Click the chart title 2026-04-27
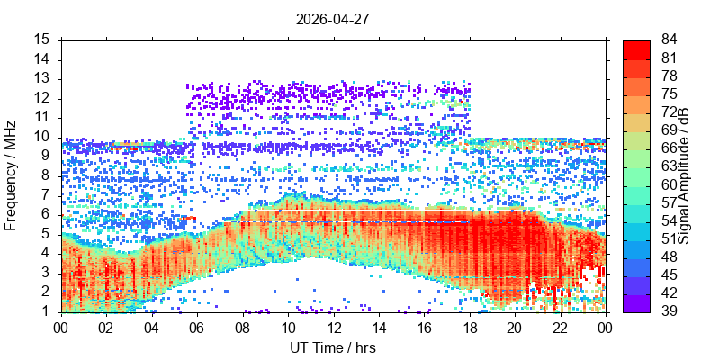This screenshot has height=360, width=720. click(x=332, y=19)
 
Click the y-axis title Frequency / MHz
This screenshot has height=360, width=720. click(x=11, y=175)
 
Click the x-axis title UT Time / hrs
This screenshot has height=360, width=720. click(x=333, y=347)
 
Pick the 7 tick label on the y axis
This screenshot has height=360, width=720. click(x=50, y=196)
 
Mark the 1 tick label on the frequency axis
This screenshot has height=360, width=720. click(x=50, y=312)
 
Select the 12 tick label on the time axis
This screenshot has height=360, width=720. click(x=333, y=327)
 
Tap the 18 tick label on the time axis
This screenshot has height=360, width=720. click(x=470, y=327)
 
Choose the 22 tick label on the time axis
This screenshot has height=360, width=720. click(x=561, y=327)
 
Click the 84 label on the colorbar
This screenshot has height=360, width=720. click(x=669, y=40)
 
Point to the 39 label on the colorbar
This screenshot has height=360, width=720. click(x=669, y=312)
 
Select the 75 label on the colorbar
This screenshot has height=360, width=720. click(x=669, y=94)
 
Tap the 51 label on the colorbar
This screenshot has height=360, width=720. click(x=669, y=239)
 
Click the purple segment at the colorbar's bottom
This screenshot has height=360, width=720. click(x=636, y=303)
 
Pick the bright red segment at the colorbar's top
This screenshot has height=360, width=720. click(x=636, y=50)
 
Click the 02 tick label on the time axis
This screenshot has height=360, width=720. click(x=106, y=327)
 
